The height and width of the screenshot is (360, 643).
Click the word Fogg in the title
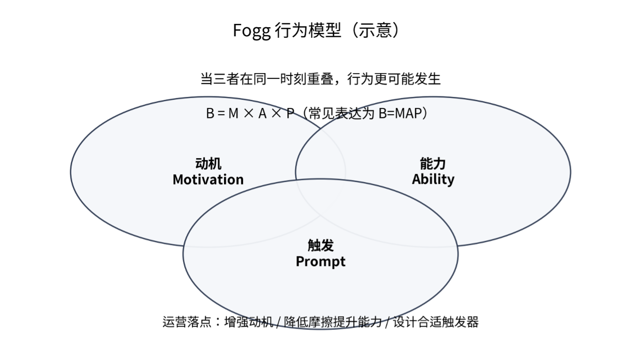[252, 31]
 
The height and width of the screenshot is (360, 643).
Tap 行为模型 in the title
[308, 30]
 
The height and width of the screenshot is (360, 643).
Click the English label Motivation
[208, 180]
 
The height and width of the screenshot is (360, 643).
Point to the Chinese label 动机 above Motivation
[208, 164]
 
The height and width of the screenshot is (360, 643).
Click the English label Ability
[433, 180]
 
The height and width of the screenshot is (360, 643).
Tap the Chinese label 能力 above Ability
[433, 164]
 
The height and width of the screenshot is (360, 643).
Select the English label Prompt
[321, 262]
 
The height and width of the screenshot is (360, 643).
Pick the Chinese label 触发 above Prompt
[321, 245]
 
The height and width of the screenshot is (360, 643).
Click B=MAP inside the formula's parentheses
[400, 114]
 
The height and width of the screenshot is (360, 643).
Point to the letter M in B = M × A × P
[233, 114]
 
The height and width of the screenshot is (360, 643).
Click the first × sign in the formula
[249, 113]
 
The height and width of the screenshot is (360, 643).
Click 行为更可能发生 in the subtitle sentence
[394, 79]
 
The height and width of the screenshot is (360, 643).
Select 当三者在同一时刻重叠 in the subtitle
[267, 79]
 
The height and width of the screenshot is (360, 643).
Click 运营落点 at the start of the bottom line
[187, 322]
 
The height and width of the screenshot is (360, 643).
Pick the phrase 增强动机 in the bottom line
[249, 322]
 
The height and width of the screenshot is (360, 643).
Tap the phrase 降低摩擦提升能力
[333, 322]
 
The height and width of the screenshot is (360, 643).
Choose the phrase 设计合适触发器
[436, 322]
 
